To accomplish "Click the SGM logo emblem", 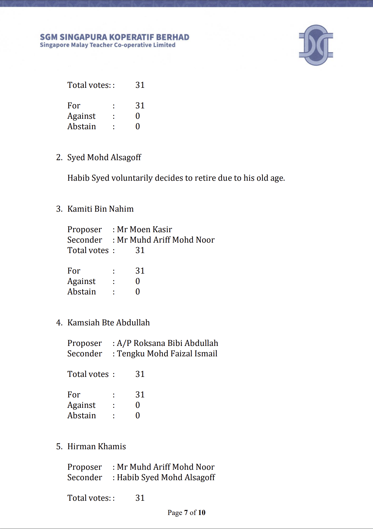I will [316, 45].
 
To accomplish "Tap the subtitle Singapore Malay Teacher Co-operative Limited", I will [107, 45].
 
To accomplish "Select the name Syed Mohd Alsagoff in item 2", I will [104, 157].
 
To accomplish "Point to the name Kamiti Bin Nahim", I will [100, 209].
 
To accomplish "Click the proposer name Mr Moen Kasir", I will [144, 230].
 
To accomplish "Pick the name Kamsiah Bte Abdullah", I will [108, 323].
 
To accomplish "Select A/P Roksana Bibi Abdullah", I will [167, 343].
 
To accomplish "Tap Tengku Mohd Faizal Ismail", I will [167, 354].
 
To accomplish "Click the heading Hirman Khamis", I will [96, 447].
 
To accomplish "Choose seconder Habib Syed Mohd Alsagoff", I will [166, 477].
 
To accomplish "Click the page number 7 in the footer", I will [186, 513].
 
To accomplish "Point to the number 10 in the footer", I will [202, 513].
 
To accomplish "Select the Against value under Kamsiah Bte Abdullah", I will [138, 405].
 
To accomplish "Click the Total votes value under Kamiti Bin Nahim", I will [140, 250].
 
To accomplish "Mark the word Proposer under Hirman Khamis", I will [85, 467].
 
